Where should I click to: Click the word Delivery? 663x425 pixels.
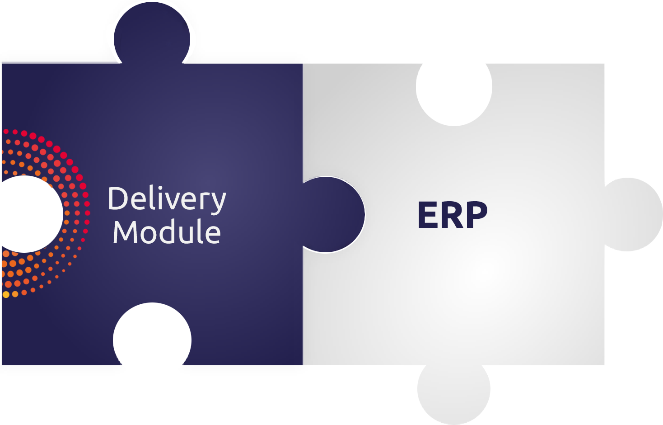point(167,199)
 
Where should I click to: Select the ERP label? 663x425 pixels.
point(453,215)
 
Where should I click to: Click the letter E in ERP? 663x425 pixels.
point(427,215)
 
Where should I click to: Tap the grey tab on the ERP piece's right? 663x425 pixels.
point(632,214)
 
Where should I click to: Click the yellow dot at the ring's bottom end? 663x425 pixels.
point(6,294)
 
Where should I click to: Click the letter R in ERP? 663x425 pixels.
point(452,215)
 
